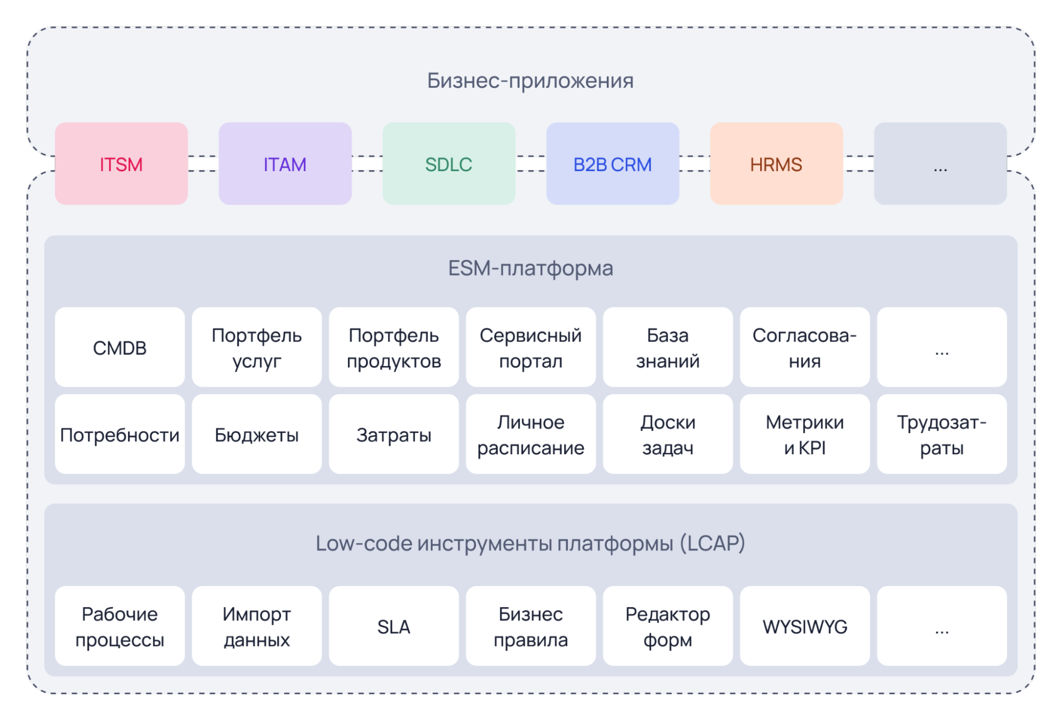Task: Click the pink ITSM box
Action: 121,164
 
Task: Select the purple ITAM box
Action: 285,164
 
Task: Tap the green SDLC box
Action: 448,164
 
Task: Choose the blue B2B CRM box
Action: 612,164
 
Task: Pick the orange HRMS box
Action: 776,164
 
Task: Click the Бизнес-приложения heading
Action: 530,81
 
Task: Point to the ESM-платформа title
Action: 530,268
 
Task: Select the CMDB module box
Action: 120,347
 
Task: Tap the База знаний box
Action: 668,347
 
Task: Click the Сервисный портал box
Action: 530,347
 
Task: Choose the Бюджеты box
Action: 257,435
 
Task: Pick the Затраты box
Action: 394,435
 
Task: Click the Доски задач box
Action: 668,435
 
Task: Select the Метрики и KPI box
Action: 804,435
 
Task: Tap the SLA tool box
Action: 394,626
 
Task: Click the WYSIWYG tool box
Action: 804,626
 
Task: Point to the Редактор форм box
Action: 668,626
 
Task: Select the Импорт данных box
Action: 257,626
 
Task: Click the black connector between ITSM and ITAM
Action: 203,164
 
